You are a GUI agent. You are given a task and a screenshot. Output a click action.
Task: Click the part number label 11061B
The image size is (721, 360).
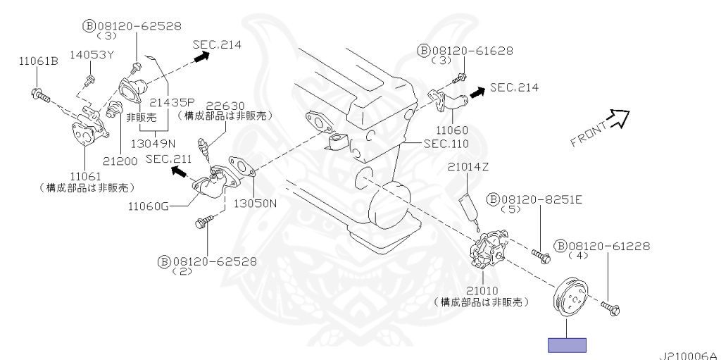coord(39,61)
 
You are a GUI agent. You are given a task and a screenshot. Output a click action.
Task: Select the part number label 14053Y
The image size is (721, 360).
coord(92,55)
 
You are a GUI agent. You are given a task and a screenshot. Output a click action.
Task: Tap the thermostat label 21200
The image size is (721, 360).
coord(120,161)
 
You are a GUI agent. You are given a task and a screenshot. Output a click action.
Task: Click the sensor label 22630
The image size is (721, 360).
coord(225,106)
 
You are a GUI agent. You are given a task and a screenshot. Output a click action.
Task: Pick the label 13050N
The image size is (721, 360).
coord(255,203)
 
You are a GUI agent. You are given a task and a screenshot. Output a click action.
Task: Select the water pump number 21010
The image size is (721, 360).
coord(482,291)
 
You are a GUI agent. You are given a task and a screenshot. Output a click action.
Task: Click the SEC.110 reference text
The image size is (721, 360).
coord(446,144)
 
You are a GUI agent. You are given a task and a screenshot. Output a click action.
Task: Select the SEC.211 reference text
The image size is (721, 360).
coord(168,159)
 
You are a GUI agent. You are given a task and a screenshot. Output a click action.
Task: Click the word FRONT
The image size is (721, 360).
coord(589,134)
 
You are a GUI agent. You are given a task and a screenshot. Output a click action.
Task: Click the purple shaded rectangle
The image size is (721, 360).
coord(567,345)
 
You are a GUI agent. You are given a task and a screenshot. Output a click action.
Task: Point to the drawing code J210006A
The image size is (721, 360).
coord(689,356)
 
